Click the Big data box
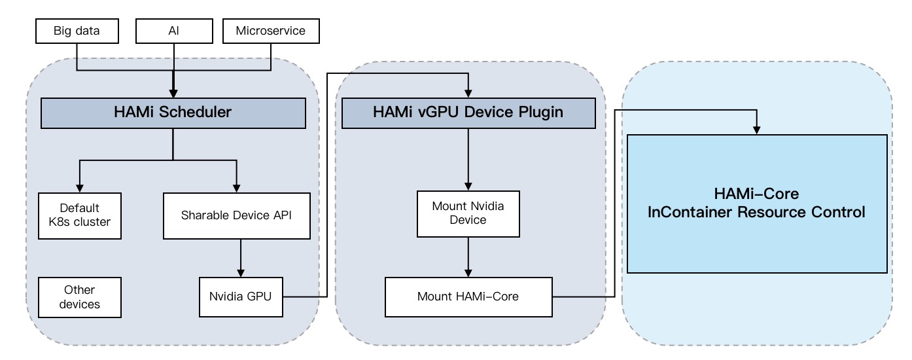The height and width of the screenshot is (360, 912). point(77,30)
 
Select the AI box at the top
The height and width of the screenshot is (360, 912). point(173,30)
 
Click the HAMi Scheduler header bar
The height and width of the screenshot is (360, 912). point(173,112)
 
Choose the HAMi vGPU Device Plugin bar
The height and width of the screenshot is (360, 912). point(468,112)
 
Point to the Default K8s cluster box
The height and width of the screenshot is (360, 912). point(80,215)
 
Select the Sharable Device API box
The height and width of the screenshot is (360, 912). point(236,215)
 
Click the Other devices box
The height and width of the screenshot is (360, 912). point(80,297)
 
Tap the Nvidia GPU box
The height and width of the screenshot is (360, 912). point(241,297)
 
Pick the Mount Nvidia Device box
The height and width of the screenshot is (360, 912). point(468,213)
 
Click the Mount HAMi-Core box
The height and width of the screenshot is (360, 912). point(468,297)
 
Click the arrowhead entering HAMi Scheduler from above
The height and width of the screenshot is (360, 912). point(173,93)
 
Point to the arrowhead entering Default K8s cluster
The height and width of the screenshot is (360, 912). point(80,188)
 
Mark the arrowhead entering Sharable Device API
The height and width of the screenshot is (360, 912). point(236,188)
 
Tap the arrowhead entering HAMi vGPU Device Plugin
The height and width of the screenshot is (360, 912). point(468,93)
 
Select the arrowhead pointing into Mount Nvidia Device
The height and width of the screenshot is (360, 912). point(468,186)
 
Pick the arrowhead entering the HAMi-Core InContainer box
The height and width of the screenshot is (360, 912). point(756,130)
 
